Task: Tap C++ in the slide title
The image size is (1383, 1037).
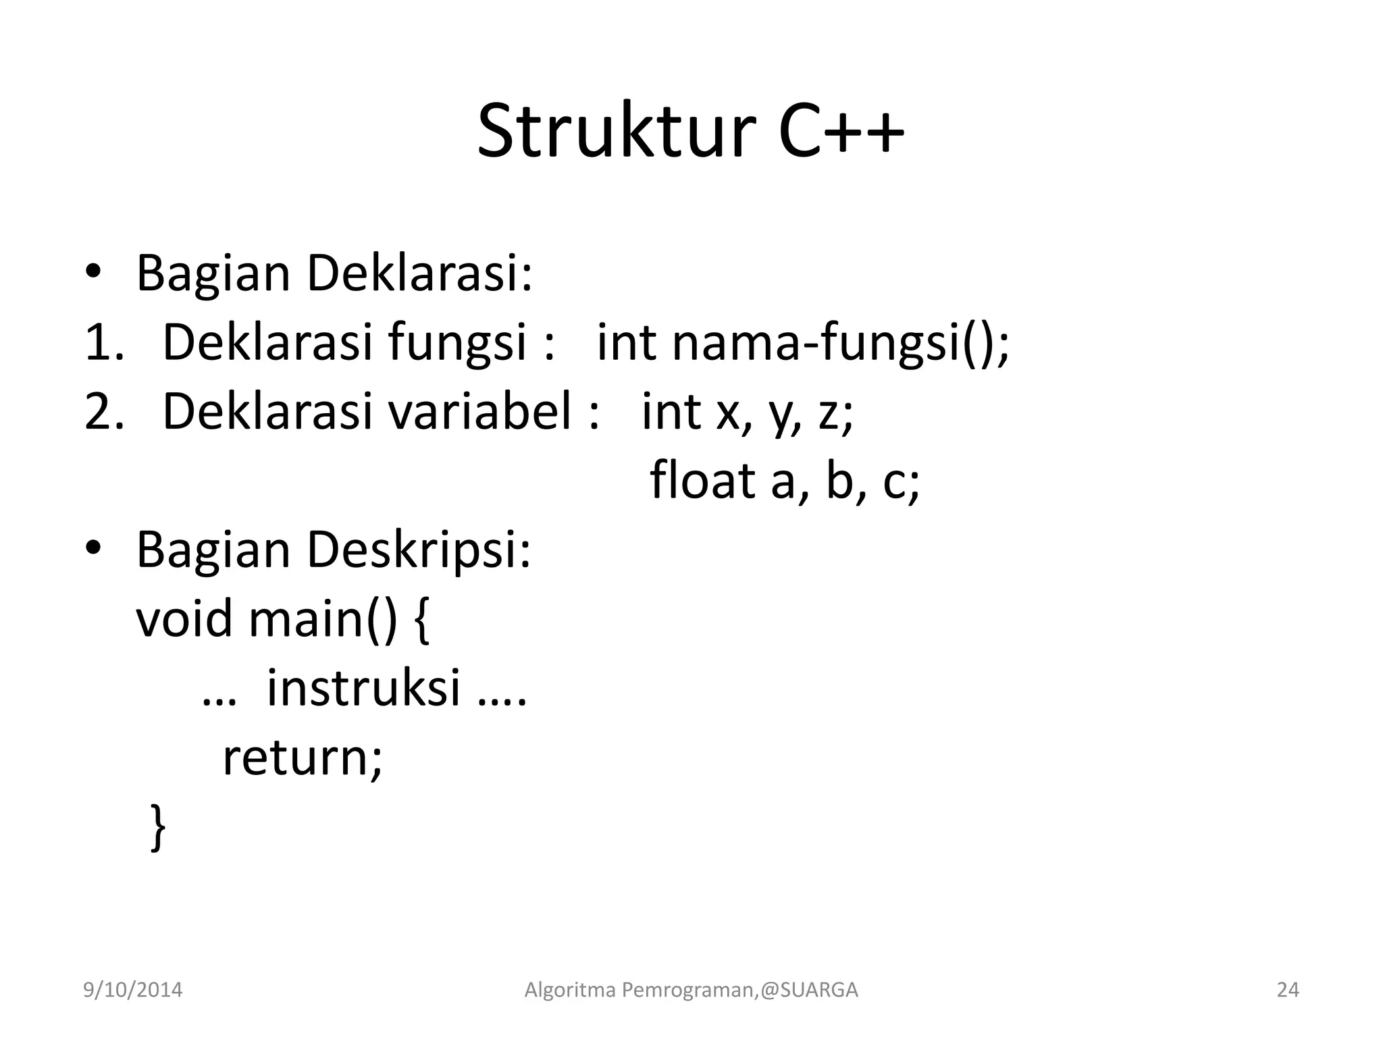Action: [840, 131]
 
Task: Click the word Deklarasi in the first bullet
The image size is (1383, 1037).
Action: [419, 273]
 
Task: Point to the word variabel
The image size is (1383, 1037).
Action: [480, 412]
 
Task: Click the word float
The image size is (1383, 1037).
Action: [702, 481]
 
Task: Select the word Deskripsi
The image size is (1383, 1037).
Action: [419, 551]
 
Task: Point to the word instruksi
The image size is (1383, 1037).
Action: [364, 688]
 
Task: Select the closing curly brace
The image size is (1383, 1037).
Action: [157, 826]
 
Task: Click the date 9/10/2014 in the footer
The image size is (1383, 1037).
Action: [132, 990]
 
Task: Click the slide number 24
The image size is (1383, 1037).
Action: [1288, 990]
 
